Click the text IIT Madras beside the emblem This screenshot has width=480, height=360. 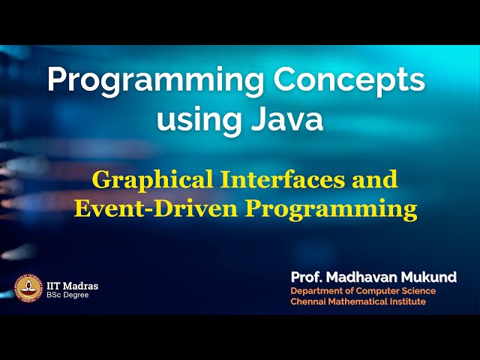pos(72,286)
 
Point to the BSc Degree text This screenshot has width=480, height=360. pos(67,295)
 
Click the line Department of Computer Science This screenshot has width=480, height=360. pos(363,291)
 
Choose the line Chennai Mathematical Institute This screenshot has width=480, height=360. pos(358,301)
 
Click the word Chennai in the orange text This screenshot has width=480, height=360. pos(310,301)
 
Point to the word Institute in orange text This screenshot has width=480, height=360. pos(406,301)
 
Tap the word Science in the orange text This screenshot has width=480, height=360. pos(418,291)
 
